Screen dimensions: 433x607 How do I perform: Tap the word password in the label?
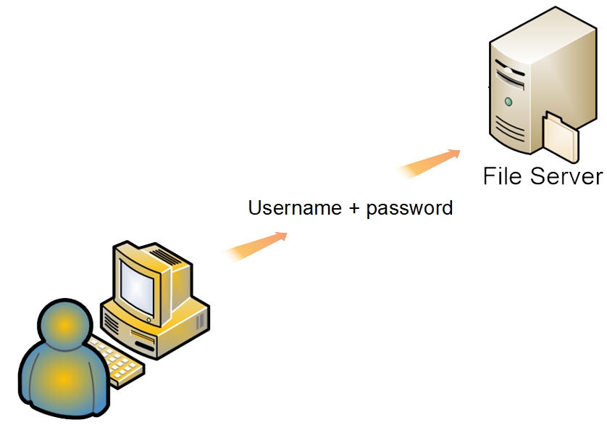(x=409, y=209)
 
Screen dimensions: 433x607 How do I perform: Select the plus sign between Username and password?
(x=353, y=209)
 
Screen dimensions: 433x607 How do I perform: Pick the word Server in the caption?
(x=566, y=176)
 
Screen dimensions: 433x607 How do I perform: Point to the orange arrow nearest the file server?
(x=430, y=163)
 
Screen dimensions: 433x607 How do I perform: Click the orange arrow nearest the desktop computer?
(x=256, y=245)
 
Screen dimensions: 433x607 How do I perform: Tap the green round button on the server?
(x=508, y=101)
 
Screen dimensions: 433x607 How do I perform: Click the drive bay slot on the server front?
(x=511, y=73)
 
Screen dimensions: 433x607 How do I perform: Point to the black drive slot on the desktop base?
(x=146, y=344)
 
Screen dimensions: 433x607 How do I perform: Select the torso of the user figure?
(x=62, y=380)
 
